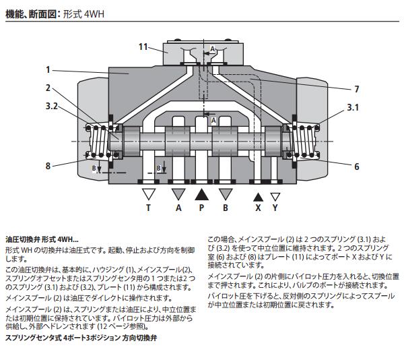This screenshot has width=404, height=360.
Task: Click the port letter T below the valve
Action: tap(149, 209)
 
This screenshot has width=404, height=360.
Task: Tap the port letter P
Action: tap(201, 209)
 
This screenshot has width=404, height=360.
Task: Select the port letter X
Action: tap(257, 209)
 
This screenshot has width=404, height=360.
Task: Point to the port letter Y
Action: tap(275, 209)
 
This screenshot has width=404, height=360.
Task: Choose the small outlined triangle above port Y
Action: tap(275, 197)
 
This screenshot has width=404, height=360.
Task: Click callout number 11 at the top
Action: tap(143, 47)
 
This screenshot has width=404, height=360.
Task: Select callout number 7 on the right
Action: tap(356, 89)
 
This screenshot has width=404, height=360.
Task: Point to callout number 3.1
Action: tap(353, 107)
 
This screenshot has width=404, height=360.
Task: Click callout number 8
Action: tap(48, 165)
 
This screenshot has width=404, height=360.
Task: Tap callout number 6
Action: tap(356, 167)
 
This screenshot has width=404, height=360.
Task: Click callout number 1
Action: tap(48, 69)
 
